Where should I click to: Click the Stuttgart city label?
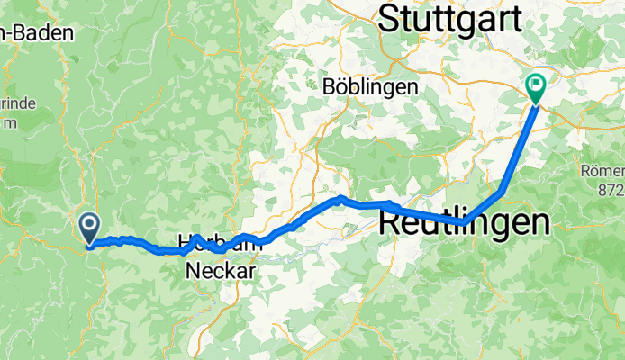pyautogui.click(x=451, y=19)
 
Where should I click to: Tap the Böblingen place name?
pyautogui.click(x=369, y=87)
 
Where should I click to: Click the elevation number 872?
pyautogui.click(x=610, y=191)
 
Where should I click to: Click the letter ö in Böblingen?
pyautogui.click(x=340, y=87)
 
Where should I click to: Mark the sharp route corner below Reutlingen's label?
pyautogui.click(x=465, y=221)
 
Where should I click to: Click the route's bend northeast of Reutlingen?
pyautogui.click(x=501, y=191)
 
